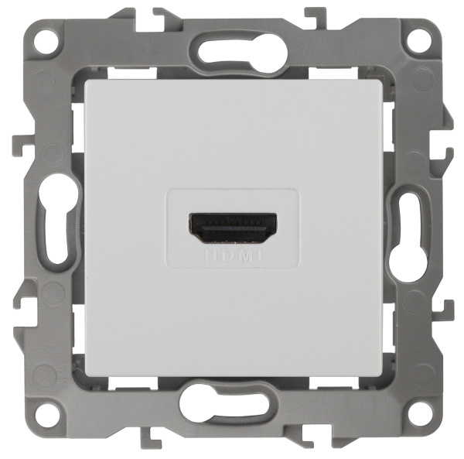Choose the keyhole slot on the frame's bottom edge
click(x=231, y=406)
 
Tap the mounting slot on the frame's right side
click(x=408, y=229)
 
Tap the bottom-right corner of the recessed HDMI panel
click(x=298, y=268)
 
